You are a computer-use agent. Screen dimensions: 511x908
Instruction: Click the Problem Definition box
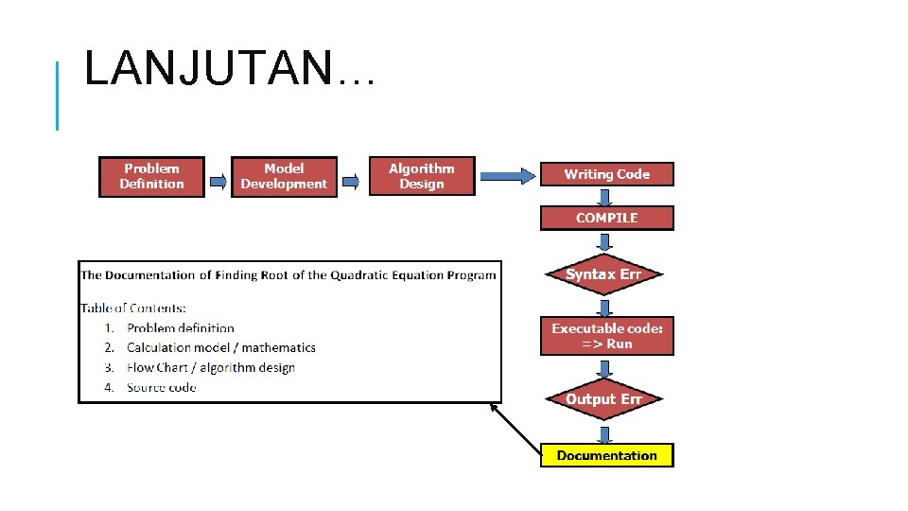pos(151,176)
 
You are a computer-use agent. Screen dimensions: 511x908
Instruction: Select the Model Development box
pos(284,176)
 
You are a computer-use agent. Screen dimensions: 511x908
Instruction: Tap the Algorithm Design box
pos(422,176)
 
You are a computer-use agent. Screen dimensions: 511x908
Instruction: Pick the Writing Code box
pos(606,174)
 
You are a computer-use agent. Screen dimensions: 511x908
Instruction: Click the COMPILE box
pos(606,218)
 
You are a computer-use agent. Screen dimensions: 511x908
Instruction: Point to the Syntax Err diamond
pos(603,274)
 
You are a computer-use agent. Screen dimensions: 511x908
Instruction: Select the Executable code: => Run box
pos(606,336)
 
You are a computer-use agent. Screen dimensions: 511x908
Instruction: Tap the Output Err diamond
pos(603,399)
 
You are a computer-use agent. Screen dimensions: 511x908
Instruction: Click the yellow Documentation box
pos(606,455)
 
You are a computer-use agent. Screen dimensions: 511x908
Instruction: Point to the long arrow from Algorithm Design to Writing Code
pos(507,175)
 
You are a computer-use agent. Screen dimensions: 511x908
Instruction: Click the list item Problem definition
pos(180,328)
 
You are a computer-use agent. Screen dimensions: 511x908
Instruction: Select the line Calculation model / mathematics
pos(220,348)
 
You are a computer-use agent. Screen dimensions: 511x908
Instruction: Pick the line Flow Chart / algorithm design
pos(210,368)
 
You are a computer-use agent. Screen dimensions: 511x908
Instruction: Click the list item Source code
pos(161,388)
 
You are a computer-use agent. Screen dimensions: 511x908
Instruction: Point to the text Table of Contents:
pos(133,308)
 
